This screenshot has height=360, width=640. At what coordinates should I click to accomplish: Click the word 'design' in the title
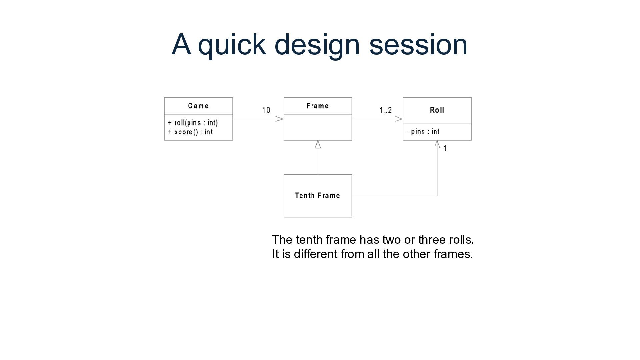(317, 45)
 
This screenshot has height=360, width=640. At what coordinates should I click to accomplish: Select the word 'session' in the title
(418, 45)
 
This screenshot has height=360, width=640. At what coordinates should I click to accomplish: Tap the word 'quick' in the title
(232, 45)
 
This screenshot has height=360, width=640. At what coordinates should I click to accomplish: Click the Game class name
(198, 106)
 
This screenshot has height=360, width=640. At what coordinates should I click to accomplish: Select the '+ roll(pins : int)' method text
(193, 123)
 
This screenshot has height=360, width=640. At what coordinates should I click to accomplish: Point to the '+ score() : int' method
(190, 132)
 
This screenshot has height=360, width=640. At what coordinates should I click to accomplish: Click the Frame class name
(317, 106)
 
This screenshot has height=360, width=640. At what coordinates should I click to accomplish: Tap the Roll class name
(437, 110)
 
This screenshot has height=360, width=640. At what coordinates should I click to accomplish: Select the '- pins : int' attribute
(423, 132)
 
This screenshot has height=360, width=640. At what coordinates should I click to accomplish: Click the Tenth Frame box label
(317, 196)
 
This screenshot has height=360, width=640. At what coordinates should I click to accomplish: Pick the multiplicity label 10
(266, 110)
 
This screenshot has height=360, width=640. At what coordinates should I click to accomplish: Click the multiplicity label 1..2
(385, 110)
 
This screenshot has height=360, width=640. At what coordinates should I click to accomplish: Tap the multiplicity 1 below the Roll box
(445, 148)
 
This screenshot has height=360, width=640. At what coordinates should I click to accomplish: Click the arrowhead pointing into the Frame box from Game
(280, 119)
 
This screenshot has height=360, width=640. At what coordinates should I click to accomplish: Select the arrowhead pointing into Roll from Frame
(399, 119)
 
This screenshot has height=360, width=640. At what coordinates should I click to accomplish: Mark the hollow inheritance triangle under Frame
(318, 144)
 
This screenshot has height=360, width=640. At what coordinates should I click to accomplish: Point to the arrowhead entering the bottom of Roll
(437, 144)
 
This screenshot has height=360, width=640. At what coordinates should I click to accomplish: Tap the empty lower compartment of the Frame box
(318, 127)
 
